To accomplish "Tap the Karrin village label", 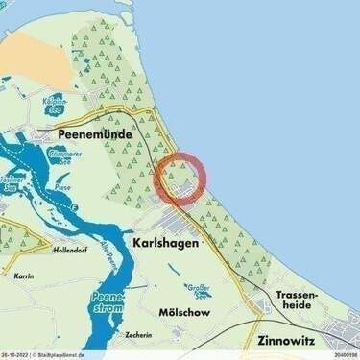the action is tap(23, 275).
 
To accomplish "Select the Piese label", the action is tap(63, 188).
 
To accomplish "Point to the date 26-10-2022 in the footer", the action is tap(17, 355).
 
